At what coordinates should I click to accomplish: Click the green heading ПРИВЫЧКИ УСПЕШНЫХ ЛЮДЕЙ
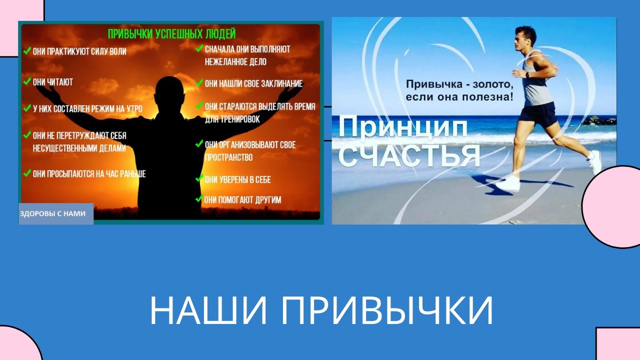point(171,34)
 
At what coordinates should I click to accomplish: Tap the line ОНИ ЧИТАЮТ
point(52,82)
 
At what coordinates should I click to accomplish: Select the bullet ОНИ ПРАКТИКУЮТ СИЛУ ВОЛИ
point(79,51)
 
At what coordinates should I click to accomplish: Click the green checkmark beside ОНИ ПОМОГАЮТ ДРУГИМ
point(198,199)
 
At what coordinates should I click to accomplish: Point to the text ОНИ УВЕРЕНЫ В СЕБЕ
point(237,179)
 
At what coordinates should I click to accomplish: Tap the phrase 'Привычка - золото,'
point(459,83)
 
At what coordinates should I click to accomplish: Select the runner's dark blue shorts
point(537,114)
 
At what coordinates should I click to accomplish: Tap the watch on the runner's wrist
point(528,75)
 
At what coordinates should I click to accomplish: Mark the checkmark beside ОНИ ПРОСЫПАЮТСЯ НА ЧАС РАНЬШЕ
point(26,173)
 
